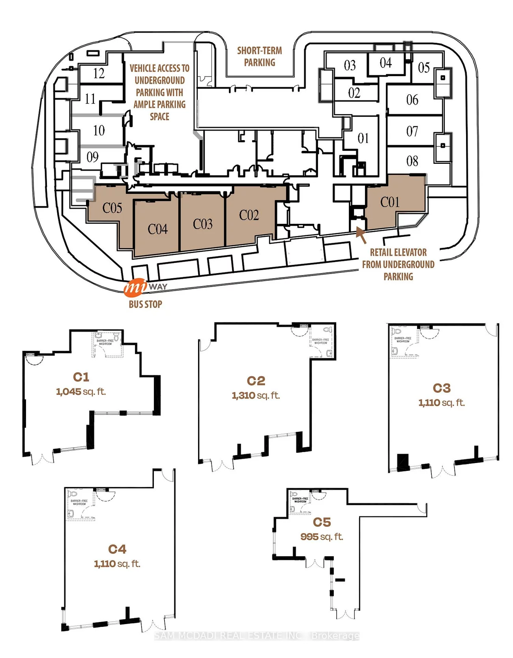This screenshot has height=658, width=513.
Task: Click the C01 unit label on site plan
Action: point(390,202)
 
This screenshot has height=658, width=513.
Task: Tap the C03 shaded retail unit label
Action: point(203,224)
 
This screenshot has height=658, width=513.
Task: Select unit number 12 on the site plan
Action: point(99,73)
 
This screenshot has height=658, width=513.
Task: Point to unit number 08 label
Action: point(412,161)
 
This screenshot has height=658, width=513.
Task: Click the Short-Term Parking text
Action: point(259,56)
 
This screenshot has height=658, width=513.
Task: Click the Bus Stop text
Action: point(145,304)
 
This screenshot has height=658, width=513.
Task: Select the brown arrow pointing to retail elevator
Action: point(361,234)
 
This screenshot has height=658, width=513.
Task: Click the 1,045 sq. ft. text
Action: point(81,392)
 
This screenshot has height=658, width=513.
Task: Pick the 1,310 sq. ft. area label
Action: point(256,396)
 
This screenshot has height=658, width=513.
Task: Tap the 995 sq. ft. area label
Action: point(322,537)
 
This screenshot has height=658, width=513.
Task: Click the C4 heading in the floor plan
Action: point(117,549)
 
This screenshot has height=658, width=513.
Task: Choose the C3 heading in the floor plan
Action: point(442,388)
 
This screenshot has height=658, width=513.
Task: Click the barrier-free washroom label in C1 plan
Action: point(105,342)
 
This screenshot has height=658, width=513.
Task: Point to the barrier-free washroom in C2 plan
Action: point(320,341)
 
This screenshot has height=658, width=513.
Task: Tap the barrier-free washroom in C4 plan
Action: point(79,502)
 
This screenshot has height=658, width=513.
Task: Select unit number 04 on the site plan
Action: point(386,63)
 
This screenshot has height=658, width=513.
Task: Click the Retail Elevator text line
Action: point(398,252)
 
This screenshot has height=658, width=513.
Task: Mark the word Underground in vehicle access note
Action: point(159,81)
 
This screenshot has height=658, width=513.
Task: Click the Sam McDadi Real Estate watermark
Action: point(256,636)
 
